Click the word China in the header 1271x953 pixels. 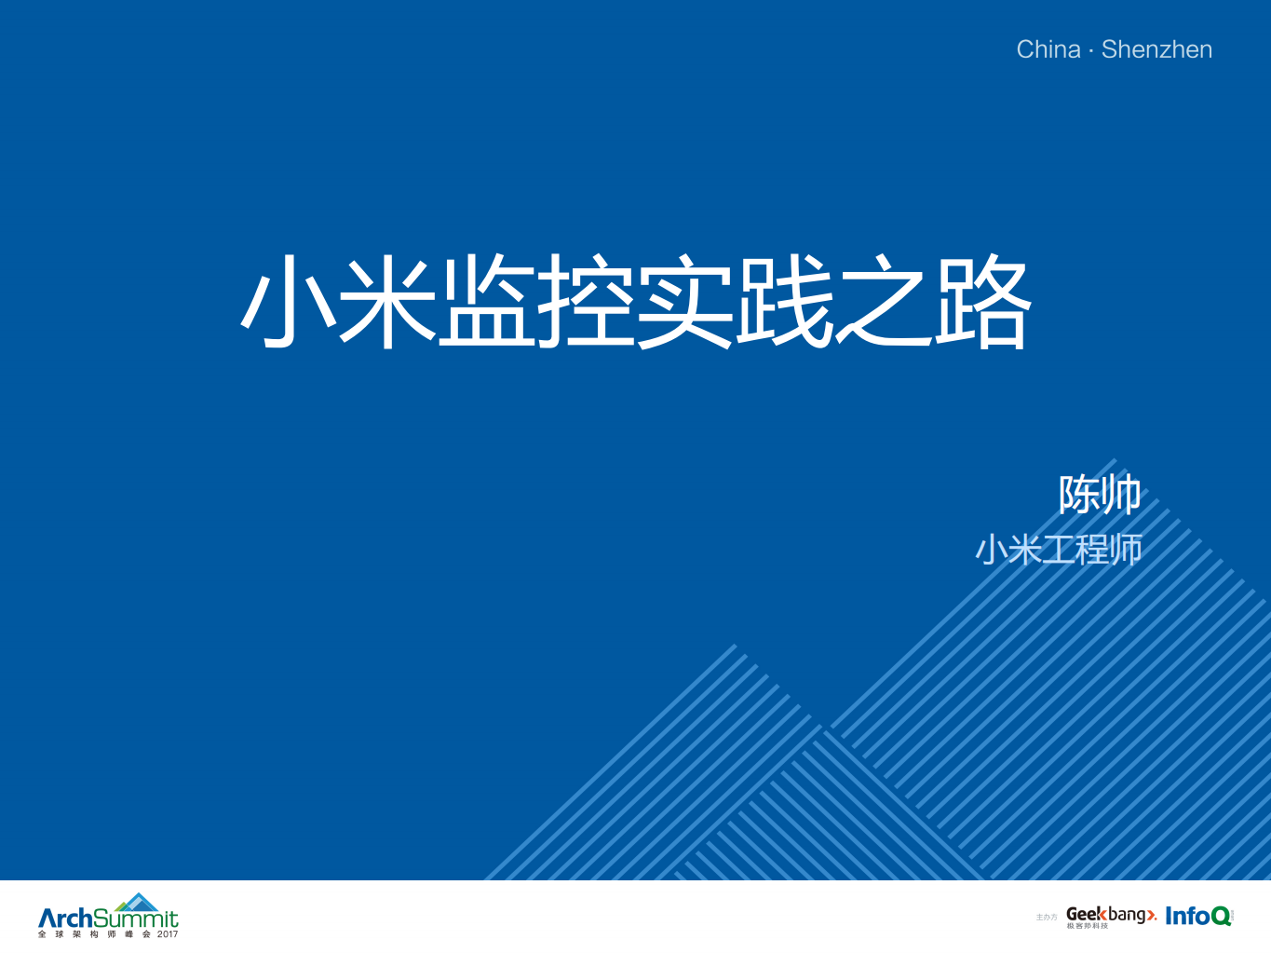(x=1048, y=49)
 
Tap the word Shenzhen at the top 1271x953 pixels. (x=1156, y=49)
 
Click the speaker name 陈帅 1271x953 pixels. (x=1100, y=495)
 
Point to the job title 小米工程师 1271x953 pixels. (x=1059, y=550)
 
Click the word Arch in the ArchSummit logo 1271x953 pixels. (x=65, y=918)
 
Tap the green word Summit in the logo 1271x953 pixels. (x=136, y=919)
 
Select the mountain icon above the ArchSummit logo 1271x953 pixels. (x=139, y=901)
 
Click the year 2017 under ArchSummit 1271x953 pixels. (x=168, y=934)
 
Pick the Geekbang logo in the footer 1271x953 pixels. (x=1111, y=915)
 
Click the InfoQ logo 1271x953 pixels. (x=1198, y=916)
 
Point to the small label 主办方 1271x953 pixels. (x=1047, y=918)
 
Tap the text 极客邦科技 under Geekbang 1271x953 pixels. (x=1087, y=926)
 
